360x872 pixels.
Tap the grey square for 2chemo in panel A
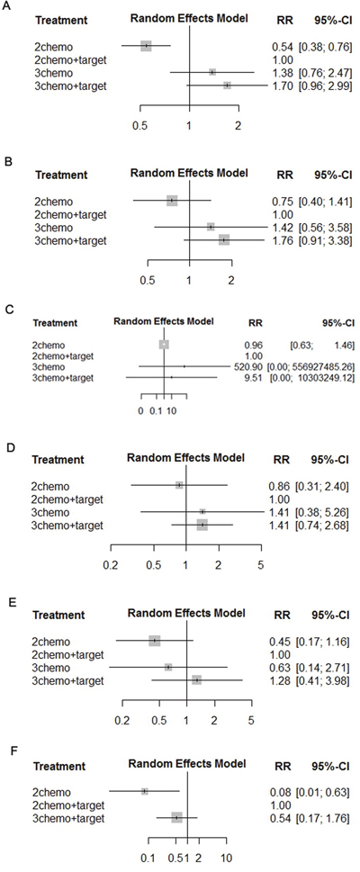[x=146, y=46]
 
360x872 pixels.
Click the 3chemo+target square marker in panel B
[x=224, y=239]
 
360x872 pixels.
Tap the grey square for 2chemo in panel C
[x=164, y=345]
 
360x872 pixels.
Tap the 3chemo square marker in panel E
[x=168, y=667]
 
